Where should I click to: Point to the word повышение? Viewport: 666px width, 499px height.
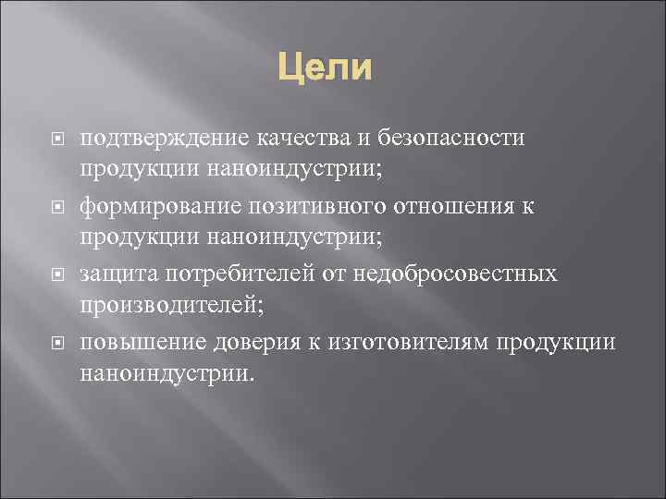tap(139, 342)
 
